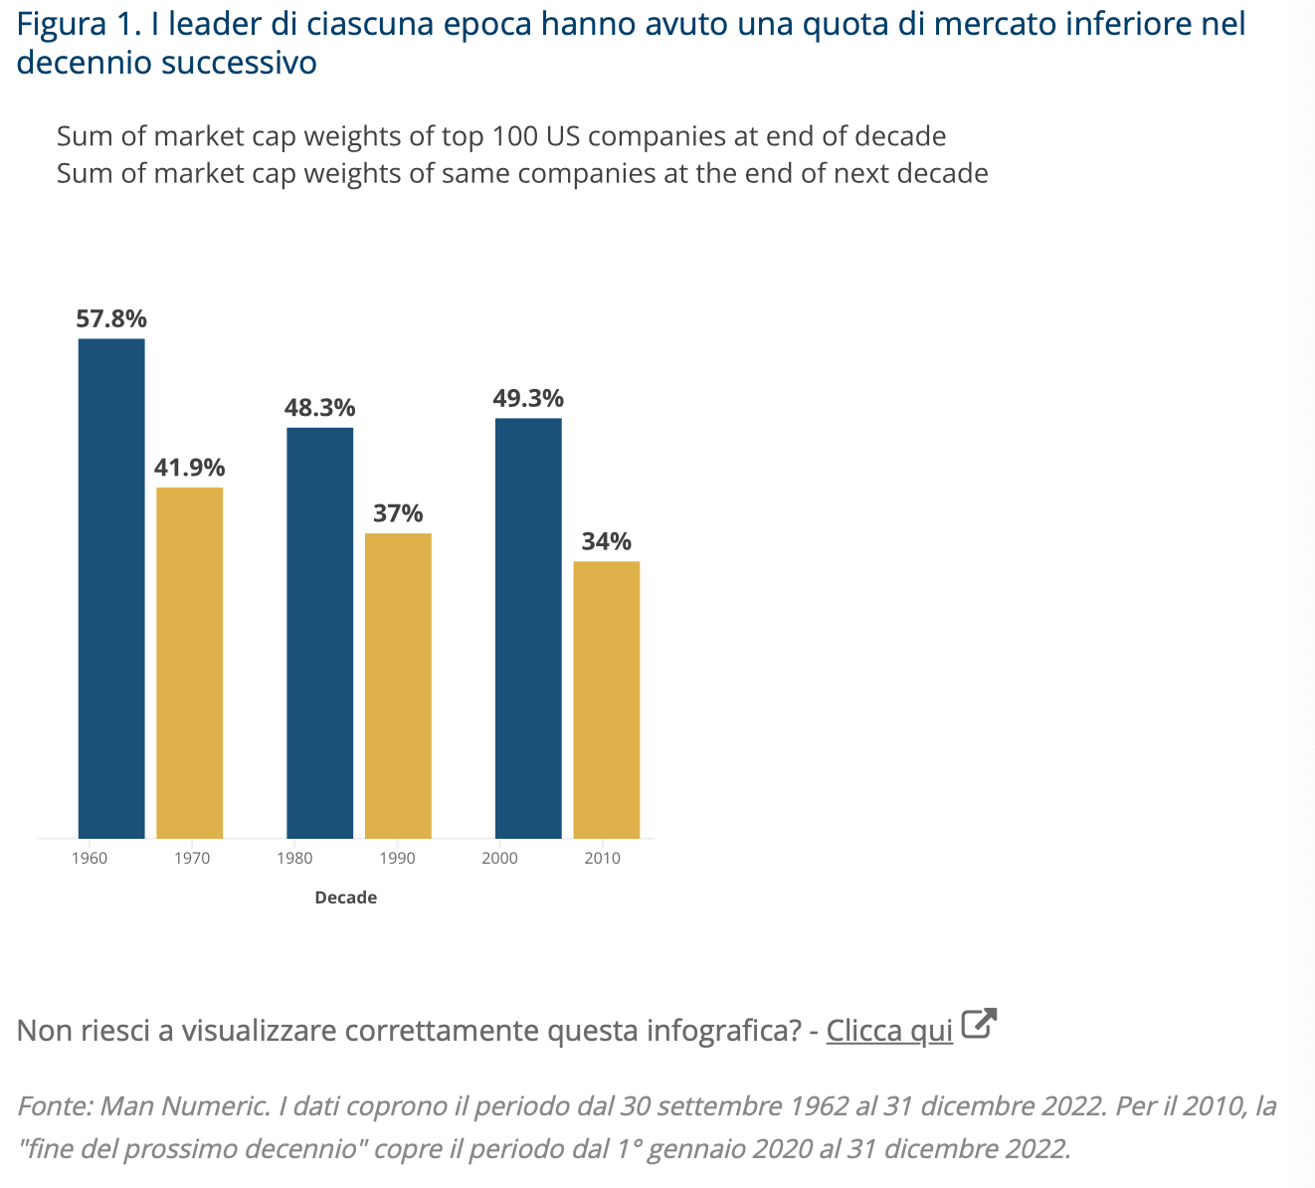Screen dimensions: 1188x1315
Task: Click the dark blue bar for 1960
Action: click(x=111, y=588)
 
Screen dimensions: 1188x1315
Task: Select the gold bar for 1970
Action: click(x=190, y=663)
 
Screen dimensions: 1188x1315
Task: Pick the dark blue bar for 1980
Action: click(x=320, y=633)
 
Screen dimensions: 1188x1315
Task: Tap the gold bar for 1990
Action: click(x=398, y=686)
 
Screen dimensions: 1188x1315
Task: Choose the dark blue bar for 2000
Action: click(x=528, y=628)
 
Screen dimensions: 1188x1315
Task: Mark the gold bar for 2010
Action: click(x=607, y=699)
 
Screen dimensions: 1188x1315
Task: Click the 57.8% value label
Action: click(x=111, y=319)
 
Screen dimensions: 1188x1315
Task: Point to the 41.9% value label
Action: click(x=190, y=468)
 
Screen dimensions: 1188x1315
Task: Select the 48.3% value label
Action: click(x=320, y=408)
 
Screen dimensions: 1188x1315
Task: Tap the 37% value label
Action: click(x=398, y=513)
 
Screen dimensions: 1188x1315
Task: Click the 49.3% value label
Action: click(x=528, y=399)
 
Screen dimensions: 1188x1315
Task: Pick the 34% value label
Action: click(x=607, y=541)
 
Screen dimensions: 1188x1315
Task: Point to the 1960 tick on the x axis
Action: click(x=90, y=859)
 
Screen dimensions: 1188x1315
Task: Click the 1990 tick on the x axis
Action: click(x=398, y=859)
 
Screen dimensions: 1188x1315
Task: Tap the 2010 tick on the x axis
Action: click(x=603, y=859)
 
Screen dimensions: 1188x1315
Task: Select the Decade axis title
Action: click(x=345, y=897)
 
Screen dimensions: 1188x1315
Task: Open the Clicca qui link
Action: click(x=889, y=1031)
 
